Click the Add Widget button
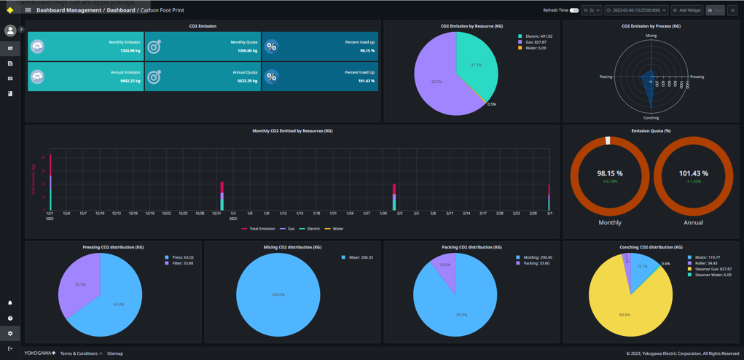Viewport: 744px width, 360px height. [x=687, y=10]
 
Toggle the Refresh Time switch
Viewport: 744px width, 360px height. [x=574, y=10]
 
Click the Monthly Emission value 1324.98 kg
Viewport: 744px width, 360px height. [x=126, y=51]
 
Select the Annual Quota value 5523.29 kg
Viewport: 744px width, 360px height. [x=244, y=81]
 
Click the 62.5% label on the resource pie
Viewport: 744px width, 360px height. [x=436, y=82]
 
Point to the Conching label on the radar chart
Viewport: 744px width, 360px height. [x=651, y=117]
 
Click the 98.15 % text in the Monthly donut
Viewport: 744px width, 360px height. [x=610, y=173]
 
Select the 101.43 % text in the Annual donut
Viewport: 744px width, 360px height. [x=693, y=173]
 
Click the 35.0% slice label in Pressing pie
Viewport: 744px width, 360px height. [x=80, y=284]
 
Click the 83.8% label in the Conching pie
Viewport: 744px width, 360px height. [x=624, y=315]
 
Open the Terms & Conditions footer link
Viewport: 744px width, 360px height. [x=80, y=353]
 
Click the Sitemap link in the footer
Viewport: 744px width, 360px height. [x=115, y=353]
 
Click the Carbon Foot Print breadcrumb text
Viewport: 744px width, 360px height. [x=162, y=10]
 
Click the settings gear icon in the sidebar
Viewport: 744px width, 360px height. [x=10, y=333]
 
